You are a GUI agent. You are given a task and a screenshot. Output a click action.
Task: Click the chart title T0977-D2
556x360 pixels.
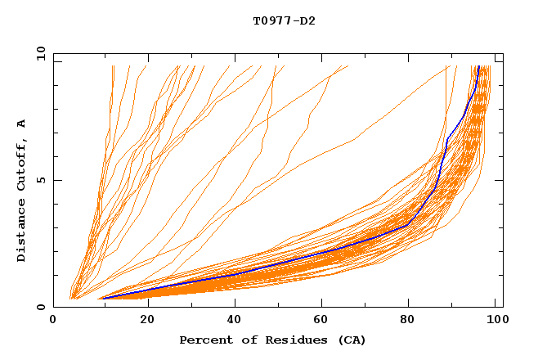284,21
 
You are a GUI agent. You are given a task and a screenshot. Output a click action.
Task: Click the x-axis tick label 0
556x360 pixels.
53,322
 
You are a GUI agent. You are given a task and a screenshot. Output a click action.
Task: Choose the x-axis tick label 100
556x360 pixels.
495,322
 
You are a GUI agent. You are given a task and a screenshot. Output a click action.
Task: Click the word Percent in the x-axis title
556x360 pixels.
205,340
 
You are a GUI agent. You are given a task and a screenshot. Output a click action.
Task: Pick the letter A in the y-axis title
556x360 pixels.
22,124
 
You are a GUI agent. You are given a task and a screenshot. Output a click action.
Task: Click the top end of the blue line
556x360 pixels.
478,67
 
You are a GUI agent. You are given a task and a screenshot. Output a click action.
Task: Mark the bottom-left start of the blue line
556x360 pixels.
102,298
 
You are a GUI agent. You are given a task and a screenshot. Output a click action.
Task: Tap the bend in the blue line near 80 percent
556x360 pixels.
408,224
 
